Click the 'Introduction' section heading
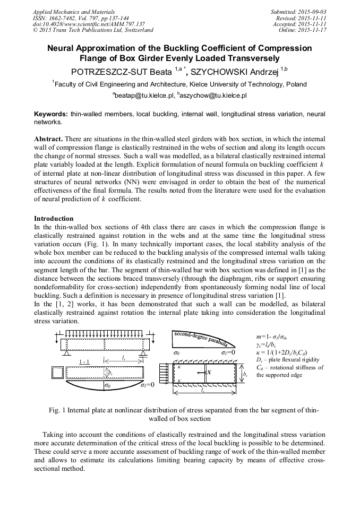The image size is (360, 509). click(x=54, y=219)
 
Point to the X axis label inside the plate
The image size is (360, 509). click(x=209, y=373)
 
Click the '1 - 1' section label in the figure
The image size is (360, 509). click(x=84, y=361)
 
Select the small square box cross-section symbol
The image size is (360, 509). click(x=57, y=372)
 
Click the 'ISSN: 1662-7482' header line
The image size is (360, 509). click(x=57, y=18)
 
